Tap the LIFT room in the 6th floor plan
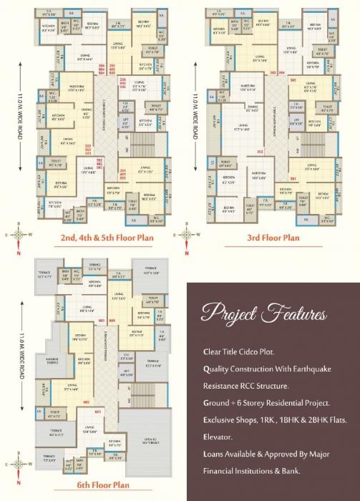coord(126,371)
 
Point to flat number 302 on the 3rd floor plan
coord(259,152)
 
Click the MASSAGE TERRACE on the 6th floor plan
coord(52,361)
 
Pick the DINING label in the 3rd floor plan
coord(252,110)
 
